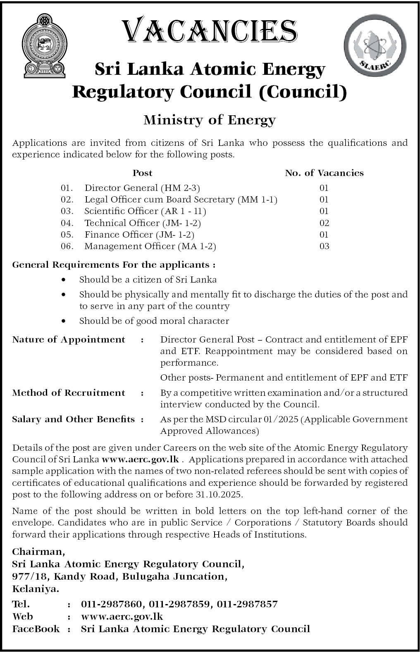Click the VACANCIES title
pyautogui.click(x=210, y=31)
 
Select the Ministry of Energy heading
pyautogui.click(x=209, y=120)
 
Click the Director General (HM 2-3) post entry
pyautogui.click(x=142, y=188)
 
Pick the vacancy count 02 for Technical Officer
pyautogui.click(x=324, y=223)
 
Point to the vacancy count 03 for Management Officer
pyautogui.click(x=324, y=247)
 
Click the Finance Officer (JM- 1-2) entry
pyautogui.click(x=139, y=235)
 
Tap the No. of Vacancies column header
pyautogui.click(x=324, y=173)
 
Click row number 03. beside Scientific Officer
pyautogui.click(x=67, y=211)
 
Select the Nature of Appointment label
pyautogui.click(x=69, y=340)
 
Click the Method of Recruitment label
pyautogui.click(x=69, y=393)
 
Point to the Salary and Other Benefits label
pyautogui.click(x=74, y=419)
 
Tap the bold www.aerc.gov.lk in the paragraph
pyautogui.click(x=140, y=459)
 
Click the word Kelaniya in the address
pyautogui.click(x=36, y=589)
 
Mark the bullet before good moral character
pyautogui.click(x=63, y=321)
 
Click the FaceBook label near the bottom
pyautogui.click(x=36, y=629)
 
